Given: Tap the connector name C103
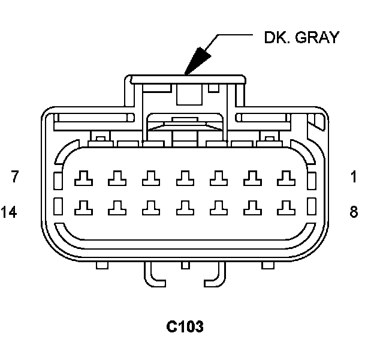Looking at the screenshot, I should [x=185, y=327].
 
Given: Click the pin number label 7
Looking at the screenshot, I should [x=15, y=177].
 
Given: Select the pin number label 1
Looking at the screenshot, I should [x=354, y=177].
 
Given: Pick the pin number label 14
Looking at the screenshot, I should [x=9, y=211].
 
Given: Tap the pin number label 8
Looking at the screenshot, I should [x=354, y=211].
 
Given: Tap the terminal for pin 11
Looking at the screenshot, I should [x=184, y=207].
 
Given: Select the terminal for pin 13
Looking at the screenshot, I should [x=116, y=207].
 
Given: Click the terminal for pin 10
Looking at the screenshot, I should [x=218, y=207].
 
